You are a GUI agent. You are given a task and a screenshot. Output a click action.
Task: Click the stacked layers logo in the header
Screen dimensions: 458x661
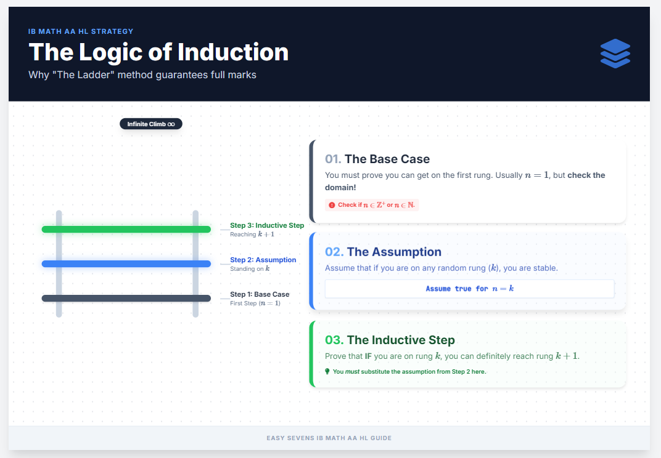tap(615, 54)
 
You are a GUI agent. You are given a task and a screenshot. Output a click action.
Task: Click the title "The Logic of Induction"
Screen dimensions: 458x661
tap(158, 52)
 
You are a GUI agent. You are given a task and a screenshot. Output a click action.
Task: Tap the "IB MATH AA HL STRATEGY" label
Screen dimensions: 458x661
tap(81, 31)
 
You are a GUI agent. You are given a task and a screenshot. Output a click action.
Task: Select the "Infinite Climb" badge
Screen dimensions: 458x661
tap(151, 124)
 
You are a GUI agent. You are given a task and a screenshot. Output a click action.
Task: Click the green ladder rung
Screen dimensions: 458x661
tap(126, 230)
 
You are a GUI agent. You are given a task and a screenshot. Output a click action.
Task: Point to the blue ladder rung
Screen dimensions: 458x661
tap(126, 264)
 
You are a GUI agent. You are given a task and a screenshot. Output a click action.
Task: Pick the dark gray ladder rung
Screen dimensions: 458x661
tap(126, 299)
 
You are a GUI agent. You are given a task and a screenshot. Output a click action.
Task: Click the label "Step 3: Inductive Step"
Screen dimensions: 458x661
tap(267, 225)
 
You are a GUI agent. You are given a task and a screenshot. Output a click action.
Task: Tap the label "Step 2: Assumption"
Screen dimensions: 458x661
tap(263, 260)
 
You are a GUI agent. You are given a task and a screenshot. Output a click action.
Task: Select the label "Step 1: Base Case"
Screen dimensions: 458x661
tap(260, 294)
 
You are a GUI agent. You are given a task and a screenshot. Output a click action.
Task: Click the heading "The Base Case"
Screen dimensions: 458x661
tap(387, 159)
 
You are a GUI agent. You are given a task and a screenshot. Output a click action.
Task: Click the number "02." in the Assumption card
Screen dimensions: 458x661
tap(334, 252)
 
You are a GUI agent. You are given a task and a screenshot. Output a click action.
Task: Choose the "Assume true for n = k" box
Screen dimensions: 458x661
tap(469, 289)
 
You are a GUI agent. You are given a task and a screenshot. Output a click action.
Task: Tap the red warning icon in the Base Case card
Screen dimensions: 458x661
tap(332, 205)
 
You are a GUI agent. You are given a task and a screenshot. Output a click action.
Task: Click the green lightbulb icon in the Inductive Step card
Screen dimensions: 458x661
tap(327, 371)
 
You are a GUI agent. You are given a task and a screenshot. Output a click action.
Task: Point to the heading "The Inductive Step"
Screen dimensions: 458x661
tap(400, 340)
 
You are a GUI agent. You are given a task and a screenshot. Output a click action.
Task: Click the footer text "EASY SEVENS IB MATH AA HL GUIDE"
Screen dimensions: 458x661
tap(329, 438)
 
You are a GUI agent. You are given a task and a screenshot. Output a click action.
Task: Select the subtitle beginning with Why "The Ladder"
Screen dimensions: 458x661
tap(142, 75)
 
